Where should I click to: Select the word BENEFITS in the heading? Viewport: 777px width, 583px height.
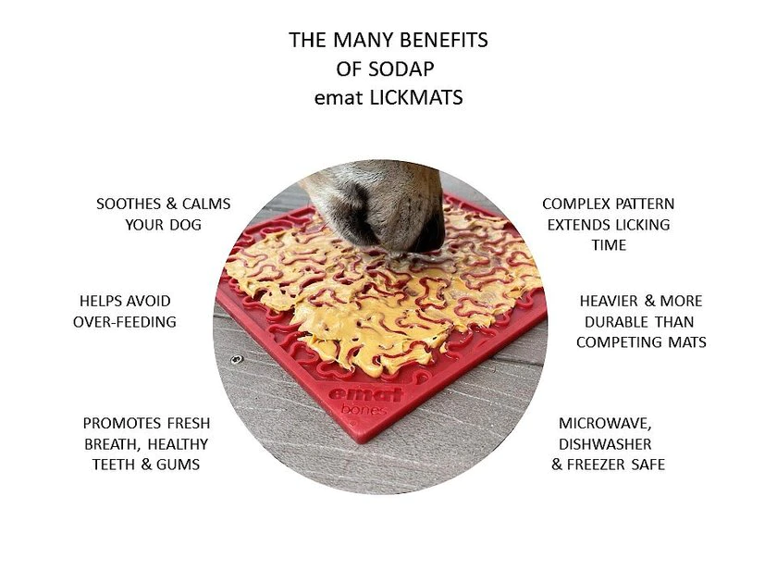(x=447, y=41)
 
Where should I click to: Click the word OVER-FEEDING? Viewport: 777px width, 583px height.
(x=125, y=321)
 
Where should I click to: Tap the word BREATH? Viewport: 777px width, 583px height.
(x=112, y=443)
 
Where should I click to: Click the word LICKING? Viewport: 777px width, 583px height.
(x=640, y=224)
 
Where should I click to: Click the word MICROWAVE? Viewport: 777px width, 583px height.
(x=606, y=423)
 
